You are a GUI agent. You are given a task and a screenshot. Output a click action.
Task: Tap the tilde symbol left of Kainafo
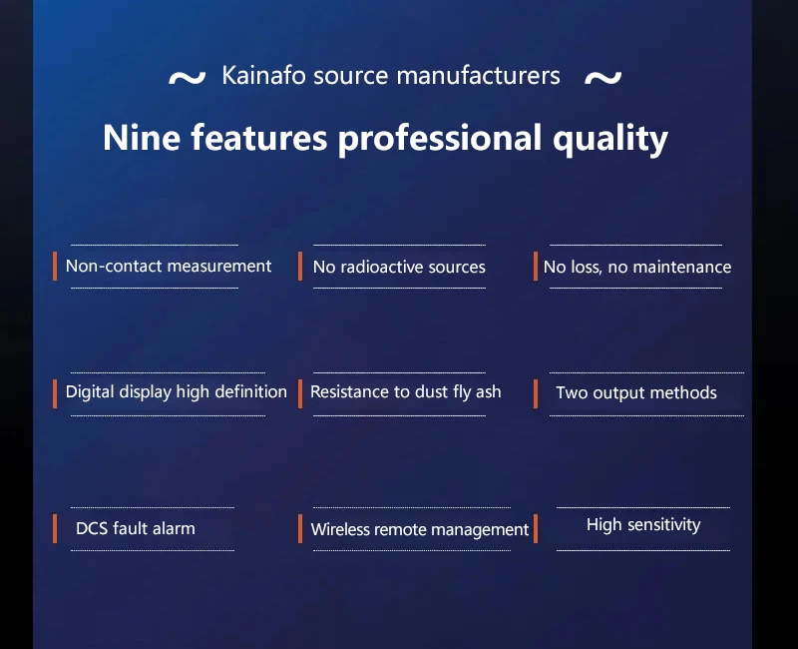187,78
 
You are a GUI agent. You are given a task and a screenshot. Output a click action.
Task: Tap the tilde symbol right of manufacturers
603,78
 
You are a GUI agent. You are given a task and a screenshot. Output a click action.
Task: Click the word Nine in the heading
142,138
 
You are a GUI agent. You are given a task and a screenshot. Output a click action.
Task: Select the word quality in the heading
610,139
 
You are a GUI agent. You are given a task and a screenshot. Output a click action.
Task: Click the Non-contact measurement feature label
169,266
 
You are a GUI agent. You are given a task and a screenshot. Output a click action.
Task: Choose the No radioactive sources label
399,267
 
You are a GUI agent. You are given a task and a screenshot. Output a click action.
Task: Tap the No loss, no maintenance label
637,267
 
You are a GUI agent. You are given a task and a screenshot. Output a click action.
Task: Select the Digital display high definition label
177,391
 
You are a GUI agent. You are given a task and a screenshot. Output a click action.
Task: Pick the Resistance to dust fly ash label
406,391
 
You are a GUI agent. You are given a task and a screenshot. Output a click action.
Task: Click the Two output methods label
636,392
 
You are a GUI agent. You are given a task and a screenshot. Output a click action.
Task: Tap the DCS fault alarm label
136,528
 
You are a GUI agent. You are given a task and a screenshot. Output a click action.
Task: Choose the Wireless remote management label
420,529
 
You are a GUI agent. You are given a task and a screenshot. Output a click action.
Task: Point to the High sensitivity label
643,525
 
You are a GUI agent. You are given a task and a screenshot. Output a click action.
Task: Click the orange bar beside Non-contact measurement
55,266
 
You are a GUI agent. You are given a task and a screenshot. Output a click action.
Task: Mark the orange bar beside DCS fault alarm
55,529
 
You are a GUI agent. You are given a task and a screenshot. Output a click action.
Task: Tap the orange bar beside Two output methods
536,393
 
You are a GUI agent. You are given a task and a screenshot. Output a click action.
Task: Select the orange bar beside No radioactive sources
300,266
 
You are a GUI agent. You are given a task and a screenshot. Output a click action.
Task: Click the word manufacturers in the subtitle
479,76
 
